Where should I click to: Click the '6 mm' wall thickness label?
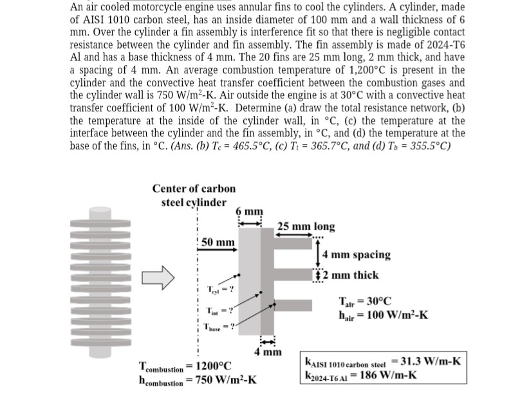tap(250, 210)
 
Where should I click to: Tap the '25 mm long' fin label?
tap(306, 227)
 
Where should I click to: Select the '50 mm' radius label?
tap(217, 242)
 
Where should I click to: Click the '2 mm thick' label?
tap(351, 275)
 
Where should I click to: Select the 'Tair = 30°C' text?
tap(366, 301)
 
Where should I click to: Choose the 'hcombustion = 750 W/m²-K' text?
tap(198, 379)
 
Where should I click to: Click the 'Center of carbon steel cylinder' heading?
tap(194, 195)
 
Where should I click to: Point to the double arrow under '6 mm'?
tap(250, 221)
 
